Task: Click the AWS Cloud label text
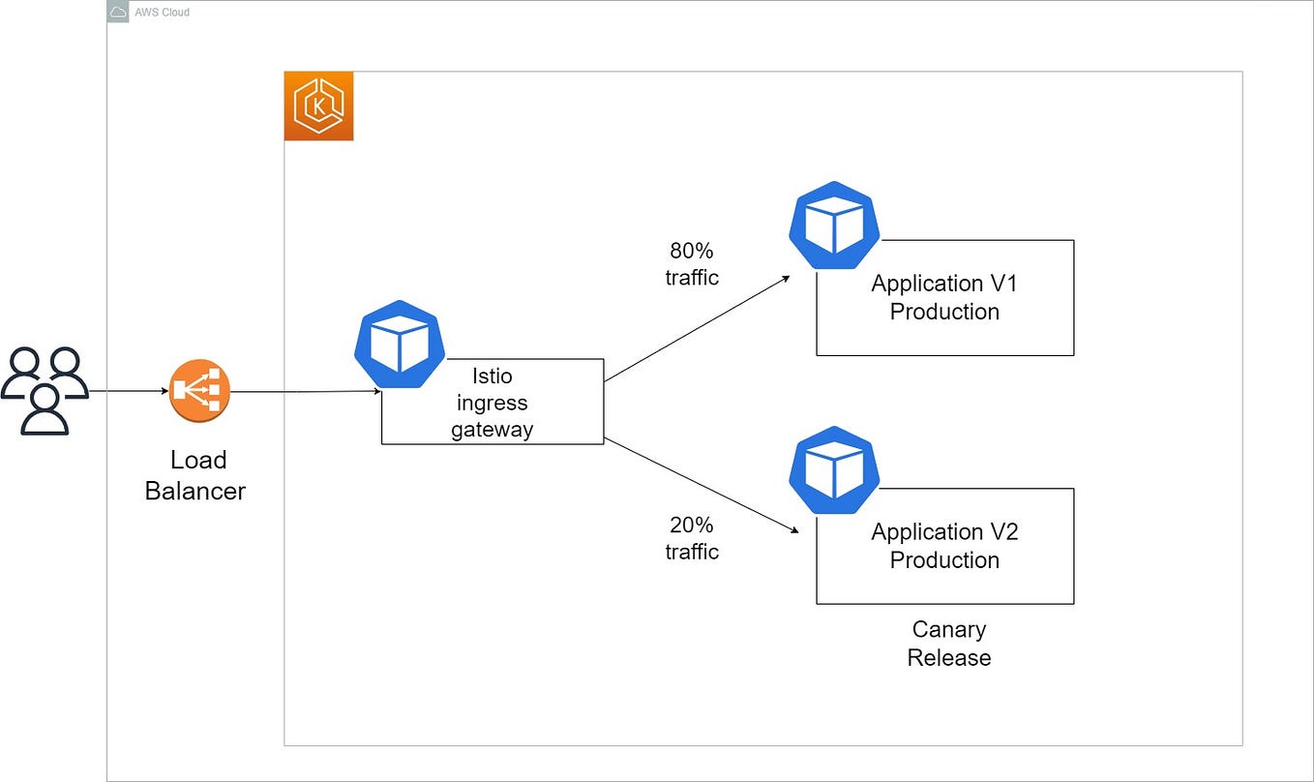pyautogui.click(x=162, y=13)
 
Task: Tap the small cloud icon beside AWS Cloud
pyautogui.click(x=118, y=12)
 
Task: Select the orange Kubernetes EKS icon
pyautogui.click(x=318, y=106)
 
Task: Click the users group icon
pyautogui.click(x=45, y=391)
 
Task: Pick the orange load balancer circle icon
pyautogui.click(x=199, y=392)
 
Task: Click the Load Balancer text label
pyautogui.click(x=195, y=475)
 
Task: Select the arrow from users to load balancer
pyautogui.click(x=129, y=392)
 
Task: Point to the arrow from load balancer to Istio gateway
pyautogui.click(x=305, y=392)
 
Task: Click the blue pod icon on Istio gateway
pyautogui.click(x=400, y=346)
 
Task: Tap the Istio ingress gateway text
pyautogui.click(x=492, y=403)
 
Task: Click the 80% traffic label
pyautogui.click(x=692, y=264)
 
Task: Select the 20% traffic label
pyautogui.click(x=692, y=538)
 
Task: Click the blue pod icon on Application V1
pyautogui.click(x=834, y=226)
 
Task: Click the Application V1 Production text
pyautogui.click(x=944, y=297)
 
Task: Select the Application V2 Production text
pyautogui.click(x=944, y=546)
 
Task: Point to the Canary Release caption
pyautogui.click(x=948, y=644)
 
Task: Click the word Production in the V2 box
pyautogui.click(x=944, y=560)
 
